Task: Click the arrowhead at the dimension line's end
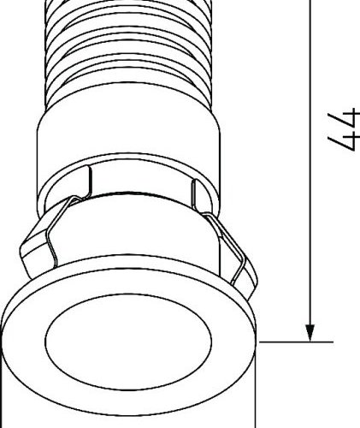coord(310,331)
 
